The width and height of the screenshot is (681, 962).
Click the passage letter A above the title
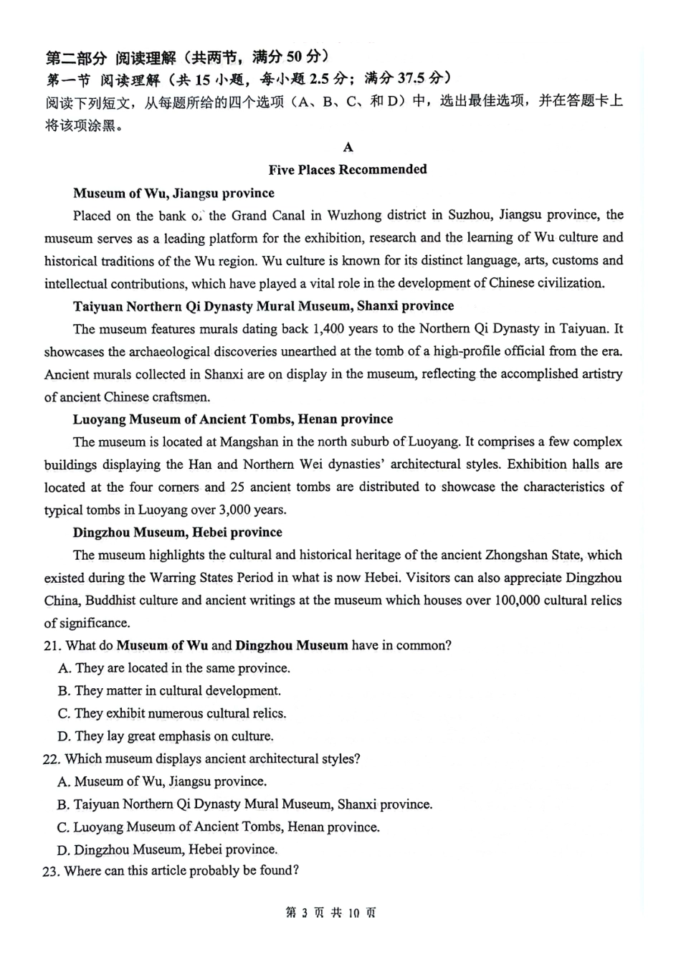(x=348, y=147)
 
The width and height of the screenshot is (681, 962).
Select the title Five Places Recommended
(x=348, y=170)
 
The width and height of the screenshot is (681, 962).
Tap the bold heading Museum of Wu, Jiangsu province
(x=173, y=193)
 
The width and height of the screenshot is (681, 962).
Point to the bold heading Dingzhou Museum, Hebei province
(x=177, y=532)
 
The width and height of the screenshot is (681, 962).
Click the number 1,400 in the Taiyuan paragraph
(x=328, y=329)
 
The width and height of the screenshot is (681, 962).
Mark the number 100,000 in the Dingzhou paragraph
(x=517, y=600)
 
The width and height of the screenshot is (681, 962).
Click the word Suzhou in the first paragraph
(x=469, y=215)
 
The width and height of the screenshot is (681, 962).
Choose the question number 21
(x=51, y=646)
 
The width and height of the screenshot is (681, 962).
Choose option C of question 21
(x=172, y=714)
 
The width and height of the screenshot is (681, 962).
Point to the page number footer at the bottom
(x=331, y=913)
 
